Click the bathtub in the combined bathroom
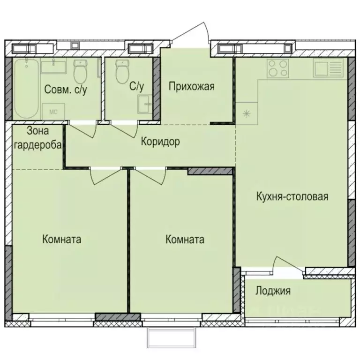(26, 89)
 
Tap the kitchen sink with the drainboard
(330, 69)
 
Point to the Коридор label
(160, 142)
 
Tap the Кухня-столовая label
(292, 196)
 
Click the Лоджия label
(273, 291)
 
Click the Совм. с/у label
(66, 90)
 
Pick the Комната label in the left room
(61, 240)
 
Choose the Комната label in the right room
(185, 240)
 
